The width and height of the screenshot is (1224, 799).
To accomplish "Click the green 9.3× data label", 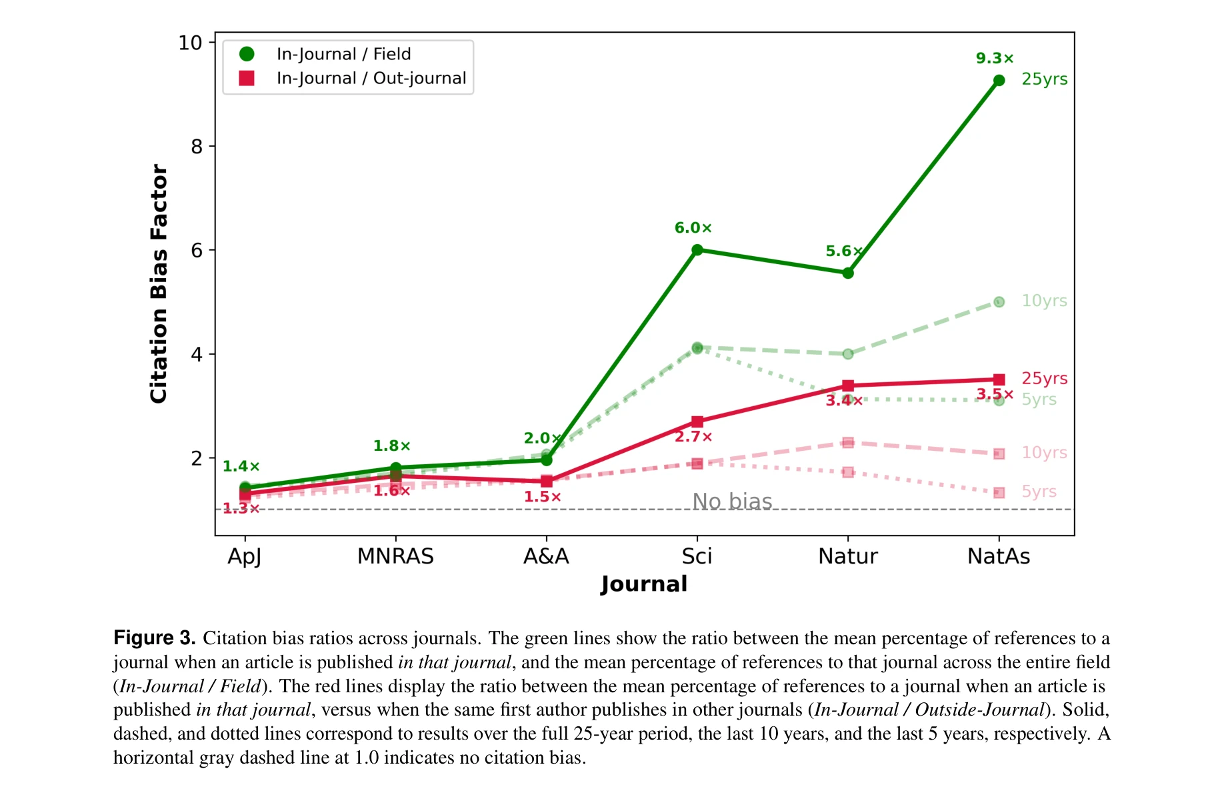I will (994, 59).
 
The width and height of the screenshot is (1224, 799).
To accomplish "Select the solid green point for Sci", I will (697, 250).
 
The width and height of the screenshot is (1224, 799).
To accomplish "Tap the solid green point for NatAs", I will (999, 80).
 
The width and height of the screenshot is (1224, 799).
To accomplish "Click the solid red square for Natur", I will (848, 385).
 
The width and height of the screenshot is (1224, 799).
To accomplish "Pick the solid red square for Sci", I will (697, 422).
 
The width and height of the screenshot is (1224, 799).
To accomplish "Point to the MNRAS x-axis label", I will (395, 556).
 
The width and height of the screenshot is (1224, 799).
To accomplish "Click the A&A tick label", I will (546, 556).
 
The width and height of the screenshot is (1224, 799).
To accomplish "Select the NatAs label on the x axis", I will (998, 556).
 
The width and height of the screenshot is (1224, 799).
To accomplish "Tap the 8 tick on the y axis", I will (197, 147).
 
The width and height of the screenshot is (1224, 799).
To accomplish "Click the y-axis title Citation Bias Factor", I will (159, 283).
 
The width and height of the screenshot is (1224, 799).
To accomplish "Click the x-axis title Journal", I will (644, 584).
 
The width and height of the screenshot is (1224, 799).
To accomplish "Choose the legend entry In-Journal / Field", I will (343, 54).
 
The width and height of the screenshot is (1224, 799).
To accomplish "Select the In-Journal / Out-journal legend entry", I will (371, 78).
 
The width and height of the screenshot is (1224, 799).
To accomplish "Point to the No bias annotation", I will (732, 501).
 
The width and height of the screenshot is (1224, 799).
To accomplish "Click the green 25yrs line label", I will (1044, 79).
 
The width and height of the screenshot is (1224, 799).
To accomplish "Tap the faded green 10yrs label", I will (1044, 301).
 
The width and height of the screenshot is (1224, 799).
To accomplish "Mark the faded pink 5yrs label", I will (1039, 492).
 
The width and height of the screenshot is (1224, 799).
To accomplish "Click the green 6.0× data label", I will (693, 228).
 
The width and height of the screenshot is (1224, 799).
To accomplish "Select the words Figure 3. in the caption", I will (154, 638).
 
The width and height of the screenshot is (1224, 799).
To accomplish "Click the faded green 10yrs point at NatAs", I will (999, 302).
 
